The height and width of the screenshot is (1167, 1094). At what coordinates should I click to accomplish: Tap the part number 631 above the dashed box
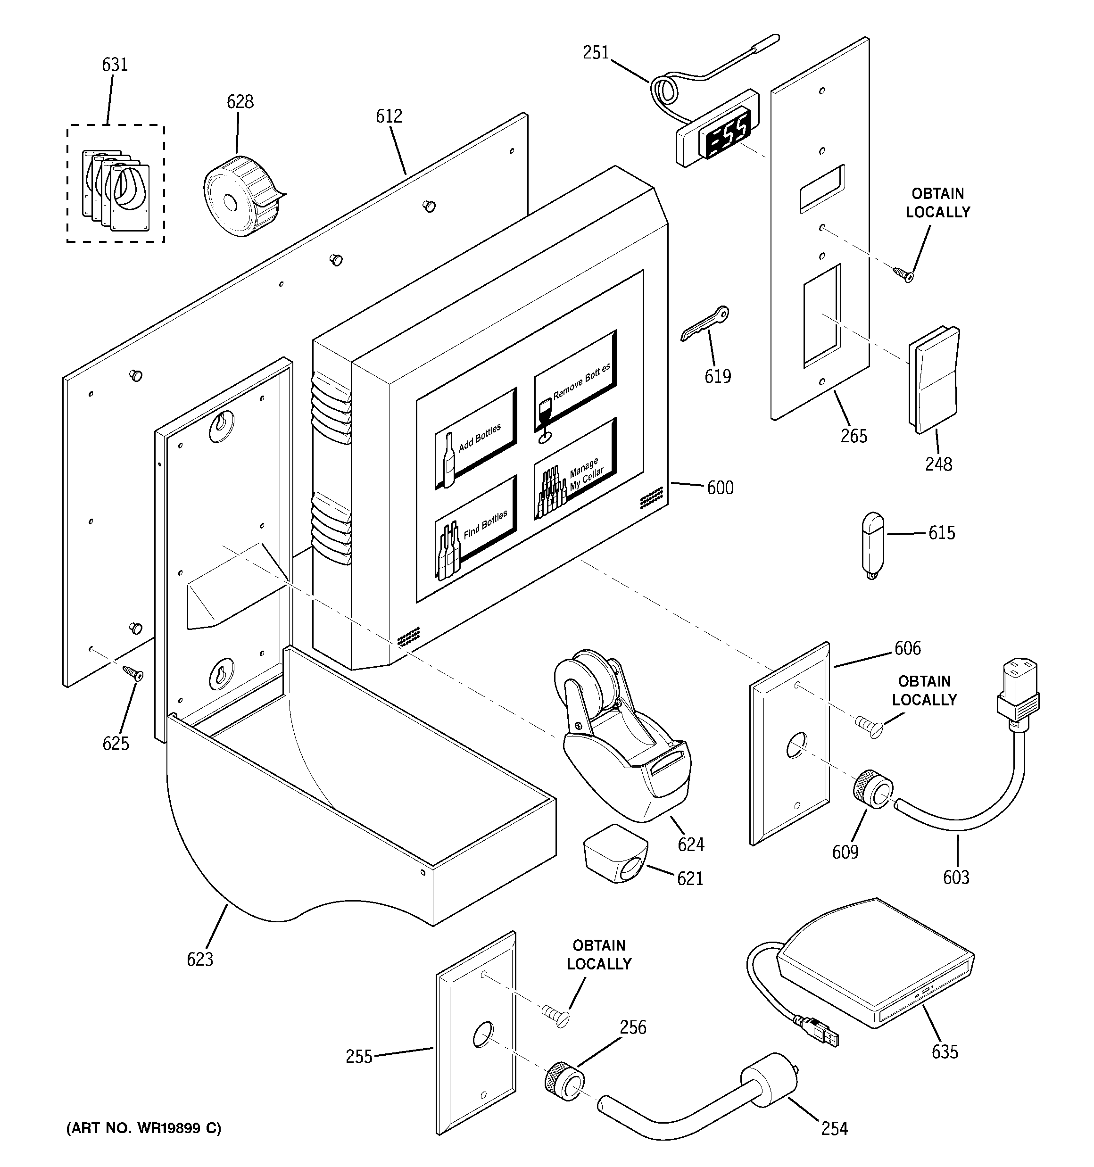115,65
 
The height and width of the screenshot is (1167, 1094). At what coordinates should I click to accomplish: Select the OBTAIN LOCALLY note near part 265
937,203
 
